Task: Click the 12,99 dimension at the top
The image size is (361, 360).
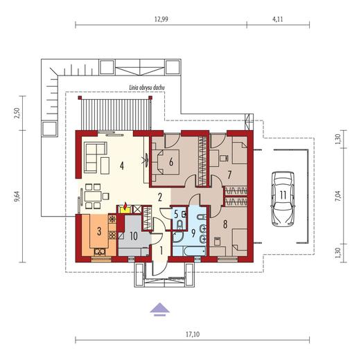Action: (x=161, y=19)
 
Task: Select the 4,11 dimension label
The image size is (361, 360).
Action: (x=278, y=19)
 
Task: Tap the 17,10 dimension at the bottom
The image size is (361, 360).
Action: (x=193, y=334)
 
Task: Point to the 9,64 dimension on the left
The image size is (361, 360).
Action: (x=17, y=197)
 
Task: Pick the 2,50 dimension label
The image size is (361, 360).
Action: (x=17, y=113)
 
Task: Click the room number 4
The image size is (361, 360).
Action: (x=122, y=165)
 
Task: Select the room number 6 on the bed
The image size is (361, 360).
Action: (x=171, y=162)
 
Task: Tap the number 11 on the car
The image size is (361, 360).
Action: (x=283, y=195)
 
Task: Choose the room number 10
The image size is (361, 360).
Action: (x=134, y=235)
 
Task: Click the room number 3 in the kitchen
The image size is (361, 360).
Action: (x=99, y=231)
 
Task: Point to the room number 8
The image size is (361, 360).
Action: (x=225, y=224)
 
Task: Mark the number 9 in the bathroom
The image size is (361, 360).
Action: (x=193, y=233)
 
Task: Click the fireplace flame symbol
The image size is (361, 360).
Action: (x=125, y=206)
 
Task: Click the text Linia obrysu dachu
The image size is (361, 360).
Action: (x=147, y=88)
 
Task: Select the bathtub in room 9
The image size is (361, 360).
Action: (x=189, y=251)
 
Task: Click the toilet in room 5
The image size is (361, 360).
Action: (x=179, y=224)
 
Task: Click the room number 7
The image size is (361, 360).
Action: (x=229, y=175)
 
